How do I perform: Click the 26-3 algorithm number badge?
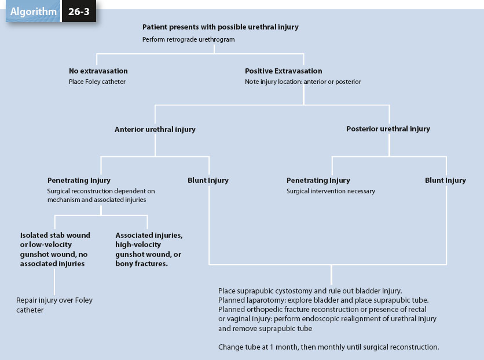(x=79, y=12)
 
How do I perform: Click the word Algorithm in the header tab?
(x=33, y=12)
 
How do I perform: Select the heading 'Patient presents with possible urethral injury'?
(x=220, y=27)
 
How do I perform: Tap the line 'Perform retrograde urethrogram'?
(x=188, y=39)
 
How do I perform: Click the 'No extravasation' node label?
(x=98, y=71)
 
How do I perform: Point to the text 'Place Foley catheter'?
(x=97, y=82)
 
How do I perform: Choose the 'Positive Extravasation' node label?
(x=283, y=71)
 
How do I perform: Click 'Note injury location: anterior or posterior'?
(x=303, y=82)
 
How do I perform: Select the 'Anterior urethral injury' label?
(x=155, y=130)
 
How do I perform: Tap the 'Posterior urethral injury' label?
(x=388, y=129)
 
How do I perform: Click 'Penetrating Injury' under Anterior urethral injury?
(x=79, y=181)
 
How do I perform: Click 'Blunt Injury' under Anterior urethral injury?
(x=208, y=181)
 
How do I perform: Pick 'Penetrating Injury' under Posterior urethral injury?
(x=318, y=181)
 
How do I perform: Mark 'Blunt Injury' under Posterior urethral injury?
(x=445, y=181)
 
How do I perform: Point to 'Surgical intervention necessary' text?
(x=331, y=191)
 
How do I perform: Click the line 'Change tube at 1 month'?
(x=328, y=347)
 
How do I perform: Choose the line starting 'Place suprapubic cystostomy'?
(x=310, y=291)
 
